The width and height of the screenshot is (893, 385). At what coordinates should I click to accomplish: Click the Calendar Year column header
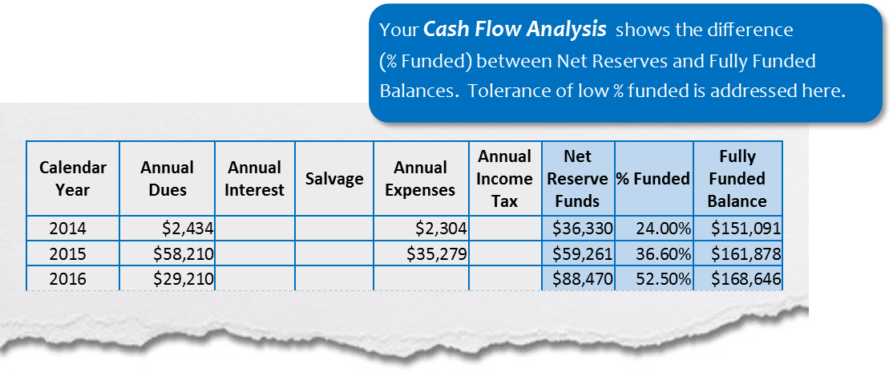(73, 179)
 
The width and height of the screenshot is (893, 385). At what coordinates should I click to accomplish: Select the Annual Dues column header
(167, 179)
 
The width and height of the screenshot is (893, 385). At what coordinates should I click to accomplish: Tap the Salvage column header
(334, 179)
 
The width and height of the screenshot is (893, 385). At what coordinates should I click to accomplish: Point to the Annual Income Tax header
(504, 179)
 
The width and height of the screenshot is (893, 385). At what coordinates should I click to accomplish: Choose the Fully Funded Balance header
(737, 179)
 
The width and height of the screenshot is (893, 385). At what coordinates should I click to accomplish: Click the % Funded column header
(653, 179)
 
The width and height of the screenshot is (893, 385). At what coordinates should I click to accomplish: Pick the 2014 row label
(73, 229)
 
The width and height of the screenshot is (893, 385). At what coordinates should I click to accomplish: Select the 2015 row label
(73, 254)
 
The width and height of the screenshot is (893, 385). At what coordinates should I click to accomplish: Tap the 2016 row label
(73, 280)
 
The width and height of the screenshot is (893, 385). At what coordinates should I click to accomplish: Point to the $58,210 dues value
(184, 254)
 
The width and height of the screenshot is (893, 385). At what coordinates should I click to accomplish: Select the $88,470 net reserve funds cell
(583, 280)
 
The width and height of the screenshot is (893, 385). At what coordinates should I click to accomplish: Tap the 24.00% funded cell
(663, 229)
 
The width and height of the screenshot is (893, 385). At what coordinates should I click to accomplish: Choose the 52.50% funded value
(663, 280)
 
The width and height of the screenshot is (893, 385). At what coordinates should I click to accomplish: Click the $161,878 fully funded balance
(746, 254)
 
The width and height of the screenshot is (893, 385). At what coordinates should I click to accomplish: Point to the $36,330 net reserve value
(583, 229)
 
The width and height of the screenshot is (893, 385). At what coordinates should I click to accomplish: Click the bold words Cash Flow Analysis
(515, 30)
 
